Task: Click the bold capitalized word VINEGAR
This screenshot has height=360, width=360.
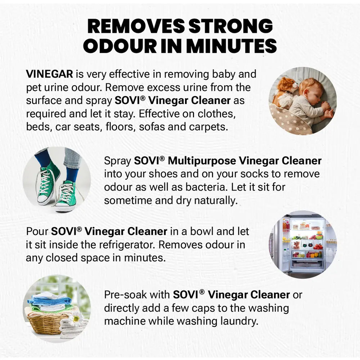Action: [x=49, y=74]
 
